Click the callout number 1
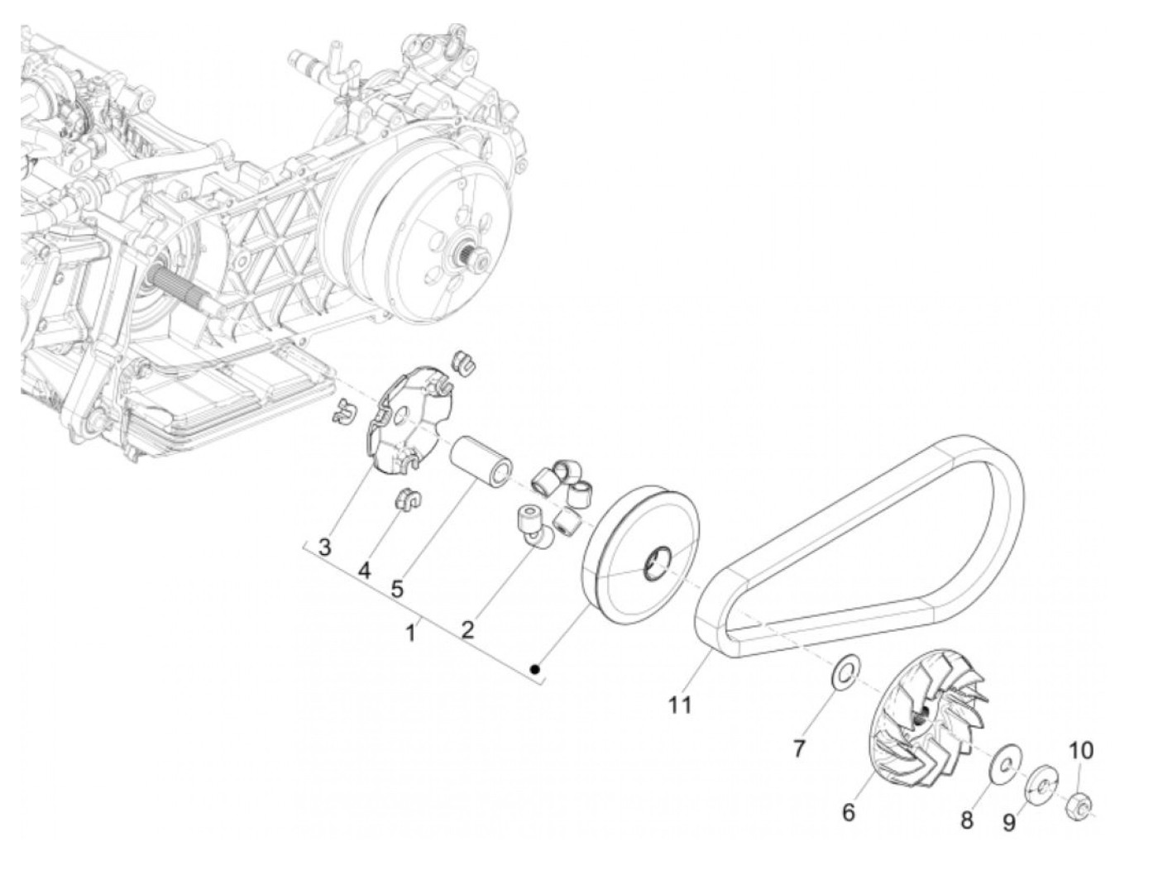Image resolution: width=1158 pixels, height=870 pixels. click(x=409, y=633)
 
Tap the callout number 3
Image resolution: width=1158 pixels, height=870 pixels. click(x=324, y=547)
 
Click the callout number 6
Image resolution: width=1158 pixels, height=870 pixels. click(x=848, y=812)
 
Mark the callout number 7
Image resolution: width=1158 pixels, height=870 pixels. click(x=799, y=748)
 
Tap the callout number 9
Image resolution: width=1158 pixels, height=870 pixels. click(x=1008, y=823)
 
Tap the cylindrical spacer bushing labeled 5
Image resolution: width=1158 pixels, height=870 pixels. click(x=481, y=461)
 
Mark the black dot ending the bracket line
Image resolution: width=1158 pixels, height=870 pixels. click(x=536, y=668)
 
